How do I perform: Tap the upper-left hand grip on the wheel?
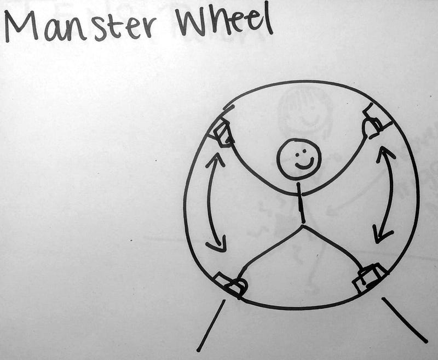(223, 133)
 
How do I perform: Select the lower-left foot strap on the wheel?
(232, 285)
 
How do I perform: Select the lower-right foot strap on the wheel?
(369, 278)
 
